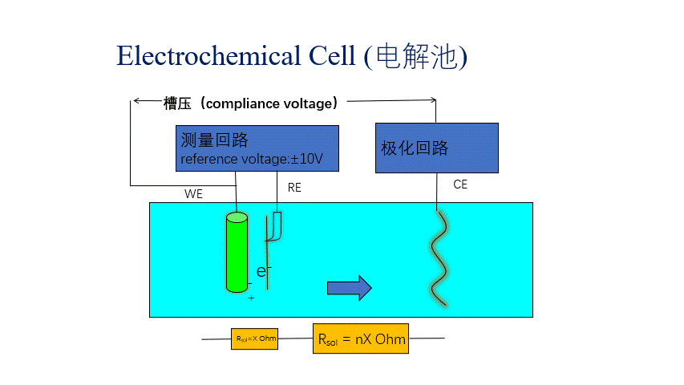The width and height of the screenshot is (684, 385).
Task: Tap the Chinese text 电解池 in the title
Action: click(x=416, y=56)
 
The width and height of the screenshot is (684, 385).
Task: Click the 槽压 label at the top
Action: click(x=176, y=103)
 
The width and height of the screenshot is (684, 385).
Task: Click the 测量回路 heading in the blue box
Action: click(x=214, y=140)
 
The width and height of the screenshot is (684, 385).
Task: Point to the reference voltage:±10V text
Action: click(x=251, y=159)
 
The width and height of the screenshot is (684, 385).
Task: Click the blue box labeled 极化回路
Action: click(x=436, y=148)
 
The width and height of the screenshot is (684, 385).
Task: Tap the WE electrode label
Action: click(x=193, y=194)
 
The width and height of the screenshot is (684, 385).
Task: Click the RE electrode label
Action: click(x=293, y=187)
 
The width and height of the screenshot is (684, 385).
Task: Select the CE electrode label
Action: click(x=459, y=184)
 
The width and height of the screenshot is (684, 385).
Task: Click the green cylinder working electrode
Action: click(x=237, y=252)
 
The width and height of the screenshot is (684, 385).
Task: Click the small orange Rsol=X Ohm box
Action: click(x=255, y=338)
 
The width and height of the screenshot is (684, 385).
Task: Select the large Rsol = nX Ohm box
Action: click(x=361, y=339)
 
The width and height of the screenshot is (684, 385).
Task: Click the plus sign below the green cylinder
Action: click(x=251, y=298)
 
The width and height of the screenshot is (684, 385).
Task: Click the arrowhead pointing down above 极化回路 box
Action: click(x=435, y=101)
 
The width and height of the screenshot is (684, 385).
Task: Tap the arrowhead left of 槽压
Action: click(x=136, y=100)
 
